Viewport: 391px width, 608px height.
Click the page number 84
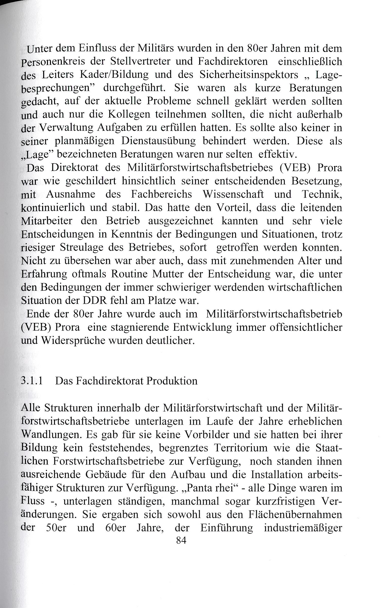181,541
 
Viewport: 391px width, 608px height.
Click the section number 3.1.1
32,381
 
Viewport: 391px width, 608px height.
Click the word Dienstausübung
159,141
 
